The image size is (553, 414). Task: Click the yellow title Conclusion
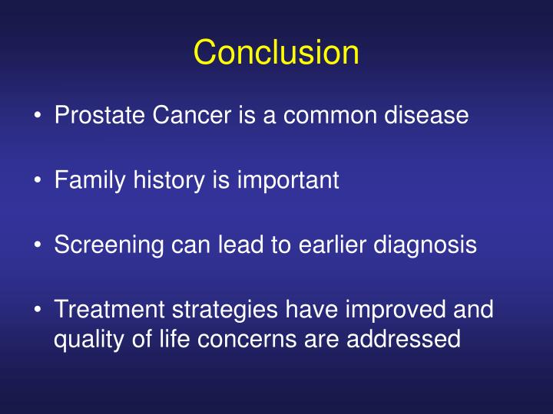tap(276, 53)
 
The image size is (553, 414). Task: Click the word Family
tap(87, 181)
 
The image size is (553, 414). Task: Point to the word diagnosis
tap(428, 245)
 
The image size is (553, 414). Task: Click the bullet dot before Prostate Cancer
tap(38, 117)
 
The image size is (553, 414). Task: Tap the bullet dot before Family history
tap(38, 182)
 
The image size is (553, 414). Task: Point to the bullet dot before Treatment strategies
tap(38, 311)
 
